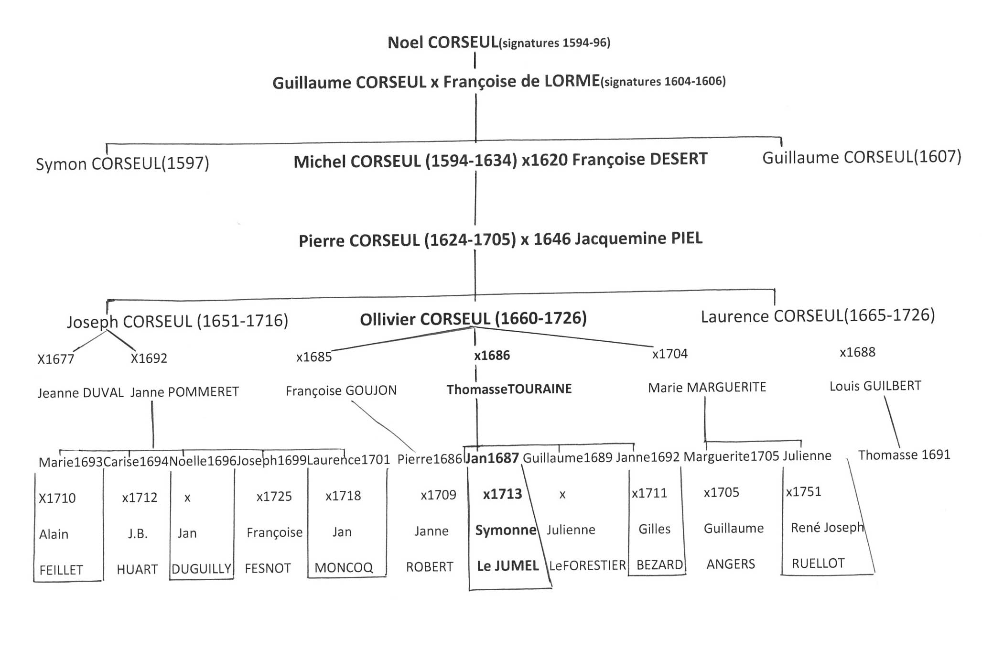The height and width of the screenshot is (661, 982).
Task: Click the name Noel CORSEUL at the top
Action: (x=442, y=43)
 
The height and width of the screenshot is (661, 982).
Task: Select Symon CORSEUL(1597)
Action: (x=122, y=163)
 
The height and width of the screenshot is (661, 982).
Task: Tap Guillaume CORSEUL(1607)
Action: (x=861, y=157)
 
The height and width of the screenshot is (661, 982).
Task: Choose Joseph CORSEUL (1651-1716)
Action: (x=177, y=321)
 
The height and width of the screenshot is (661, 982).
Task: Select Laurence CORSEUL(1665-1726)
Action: (x=817, y=315)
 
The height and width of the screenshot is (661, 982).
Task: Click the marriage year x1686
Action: (x=492, y=355)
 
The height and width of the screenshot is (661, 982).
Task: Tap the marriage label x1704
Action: (x=669, y=354)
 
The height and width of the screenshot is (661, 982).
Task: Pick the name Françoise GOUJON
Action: (x=341, y=390)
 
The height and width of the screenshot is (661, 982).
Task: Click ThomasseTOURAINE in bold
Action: (x=509, y=389)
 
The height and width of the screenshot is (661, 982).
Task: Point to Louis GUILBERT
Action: (x=875, y=386)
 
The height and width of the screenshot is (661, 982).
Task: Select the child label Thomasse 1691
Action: (x=904, y=455)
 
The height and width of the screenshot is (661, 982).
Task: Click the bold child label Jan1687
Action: (x=492, y=458)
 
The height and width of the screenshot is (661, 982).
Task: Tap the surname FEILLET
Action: (x=61, y=570)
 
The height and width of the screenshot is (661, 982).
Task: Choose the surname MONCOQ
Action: (x=343, y=567)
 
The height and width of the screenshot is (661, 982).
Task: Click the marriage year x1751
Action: (x=803, y=491)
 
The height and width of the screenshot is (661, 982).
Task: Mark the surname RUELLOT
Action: (x=818, y=563)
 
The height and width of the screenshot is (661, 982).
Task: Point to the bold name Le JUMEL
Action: (x=507, y=566)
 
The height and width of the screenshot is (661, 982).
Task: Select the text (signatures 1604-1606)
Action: (x=663, y=81)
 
